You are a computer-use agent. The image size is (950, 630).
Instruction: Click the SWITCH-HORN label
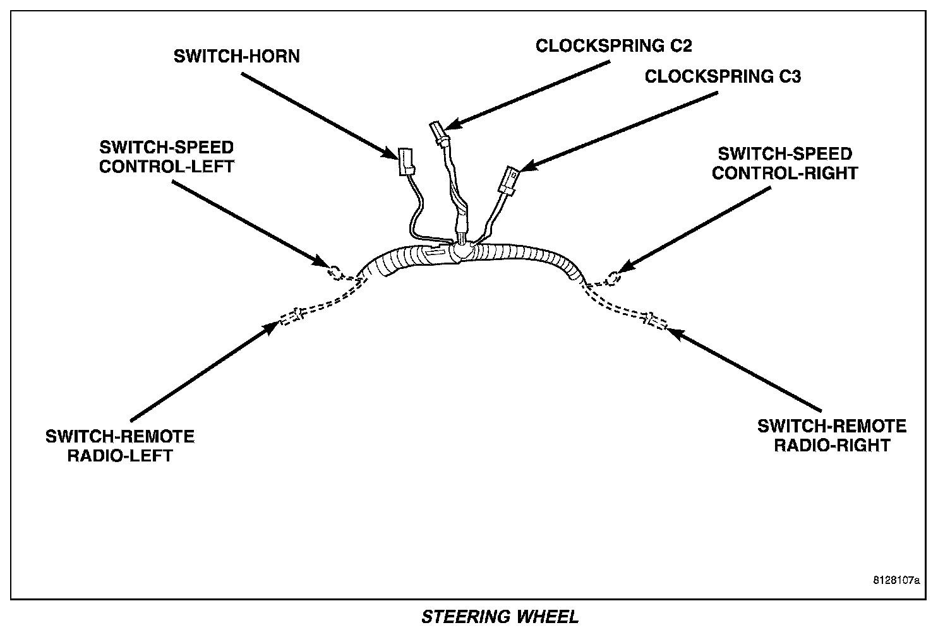pos(237,56)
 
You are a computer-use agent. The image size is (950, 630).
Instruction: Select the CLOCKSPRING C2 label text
pos(614,46)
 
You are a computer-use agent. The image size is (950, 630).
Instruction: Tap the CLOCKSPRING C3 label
pos(723,76)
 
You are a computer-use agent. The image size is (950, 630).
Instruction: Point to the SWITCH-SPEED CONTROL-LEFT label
pos(167,157)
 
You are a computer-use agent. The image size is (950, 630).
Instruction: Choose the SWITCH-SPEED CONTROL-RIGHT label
pos(785,163)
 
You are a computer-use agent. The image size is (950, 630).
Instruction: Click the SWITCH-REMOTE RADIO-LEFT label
pos(120,446)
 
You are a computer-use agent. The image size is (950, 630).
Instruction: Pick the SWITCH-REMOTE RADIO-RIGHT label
pos(832,436)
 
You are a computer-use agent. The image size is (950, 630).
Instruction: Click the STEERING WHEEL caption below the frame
pos(500,617)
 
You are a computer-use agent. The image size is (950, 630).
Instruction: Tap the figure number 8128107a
pos(896,580)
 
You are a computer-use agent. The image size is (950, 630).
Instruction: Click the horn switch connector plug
pos(406,162)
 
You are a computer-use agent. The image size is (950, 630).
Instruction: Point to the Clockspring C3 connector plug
pos(509,181)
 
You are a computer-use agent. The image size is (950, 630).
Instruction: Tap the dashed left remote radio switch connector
pos(292,316)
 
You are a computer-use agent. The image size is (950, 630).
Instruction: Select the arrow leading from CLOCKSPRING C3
pos(618,132)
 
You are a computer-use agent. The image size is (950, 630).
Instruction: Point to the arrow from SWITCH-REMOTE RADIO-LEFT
pos(204,372)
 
